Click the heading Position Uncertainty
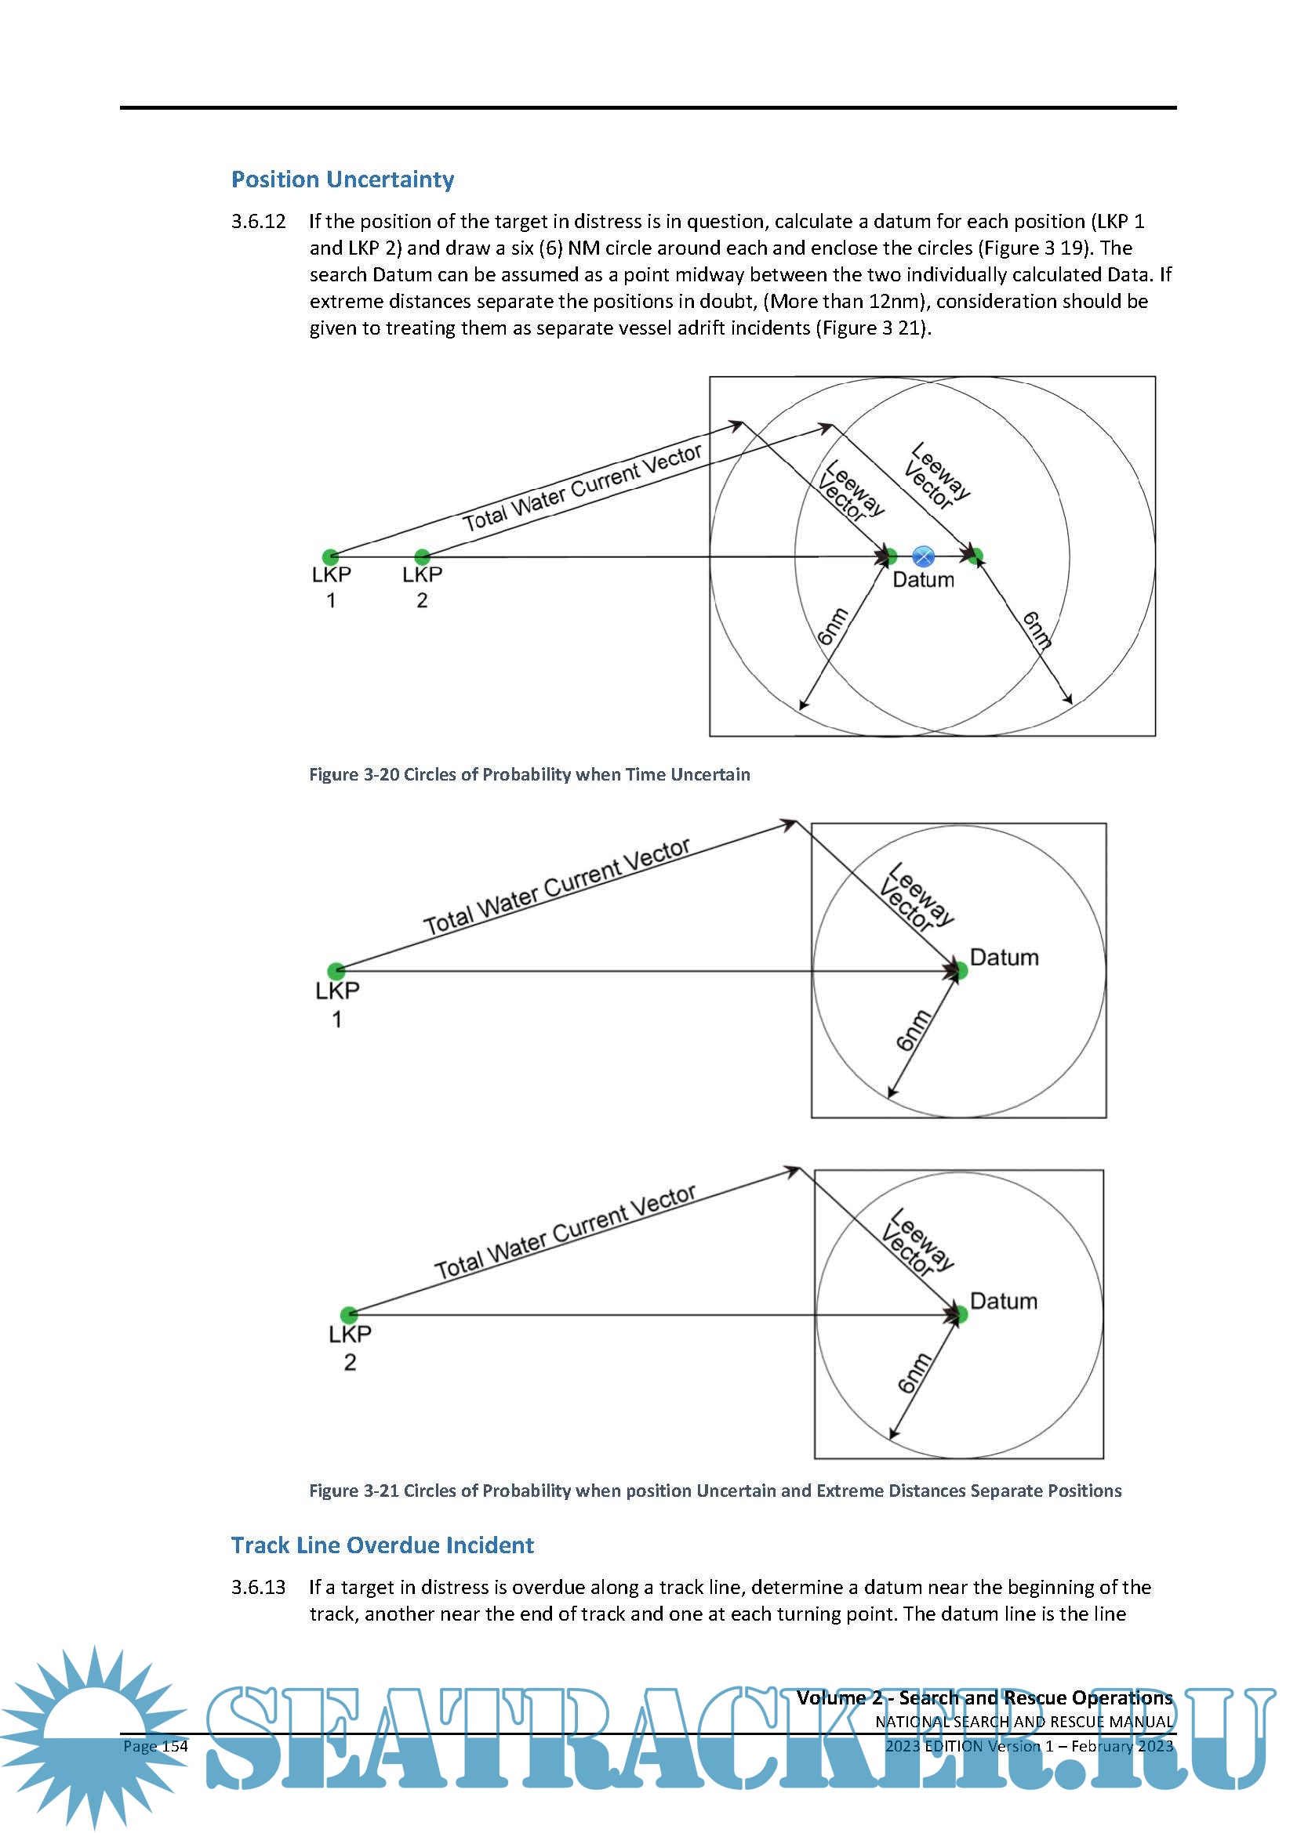pos(342,179)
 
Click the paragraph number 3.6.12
pos(258,221)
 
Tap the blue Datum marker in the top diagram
pos(922,556)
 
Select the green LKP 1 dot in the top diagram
pos(330,556)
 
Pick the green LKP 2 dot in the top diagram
pos(423,556)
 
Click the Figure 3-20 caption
pos(529,774)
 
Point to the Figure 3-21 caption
pos(715,1491)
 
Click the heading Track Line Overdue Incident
pos(382,1545)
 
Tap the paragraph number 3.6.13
pos(258,1587)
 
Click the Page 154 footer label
pos(156,1746)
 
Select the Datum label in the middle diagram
pos(1004,957)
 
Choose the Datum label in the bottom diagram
pos(1003,1302)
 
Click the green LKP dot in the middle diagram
pos(336,971)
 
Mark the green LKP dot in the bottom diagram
pos(349,1314)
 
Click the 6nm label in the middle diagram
pos(914,1030)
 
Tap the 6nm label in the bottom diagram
pos(914,1373)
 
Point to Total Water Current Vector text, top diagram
pos(582,487)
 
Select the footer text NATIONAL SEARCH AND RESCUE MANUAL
pos(1024,1722)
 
